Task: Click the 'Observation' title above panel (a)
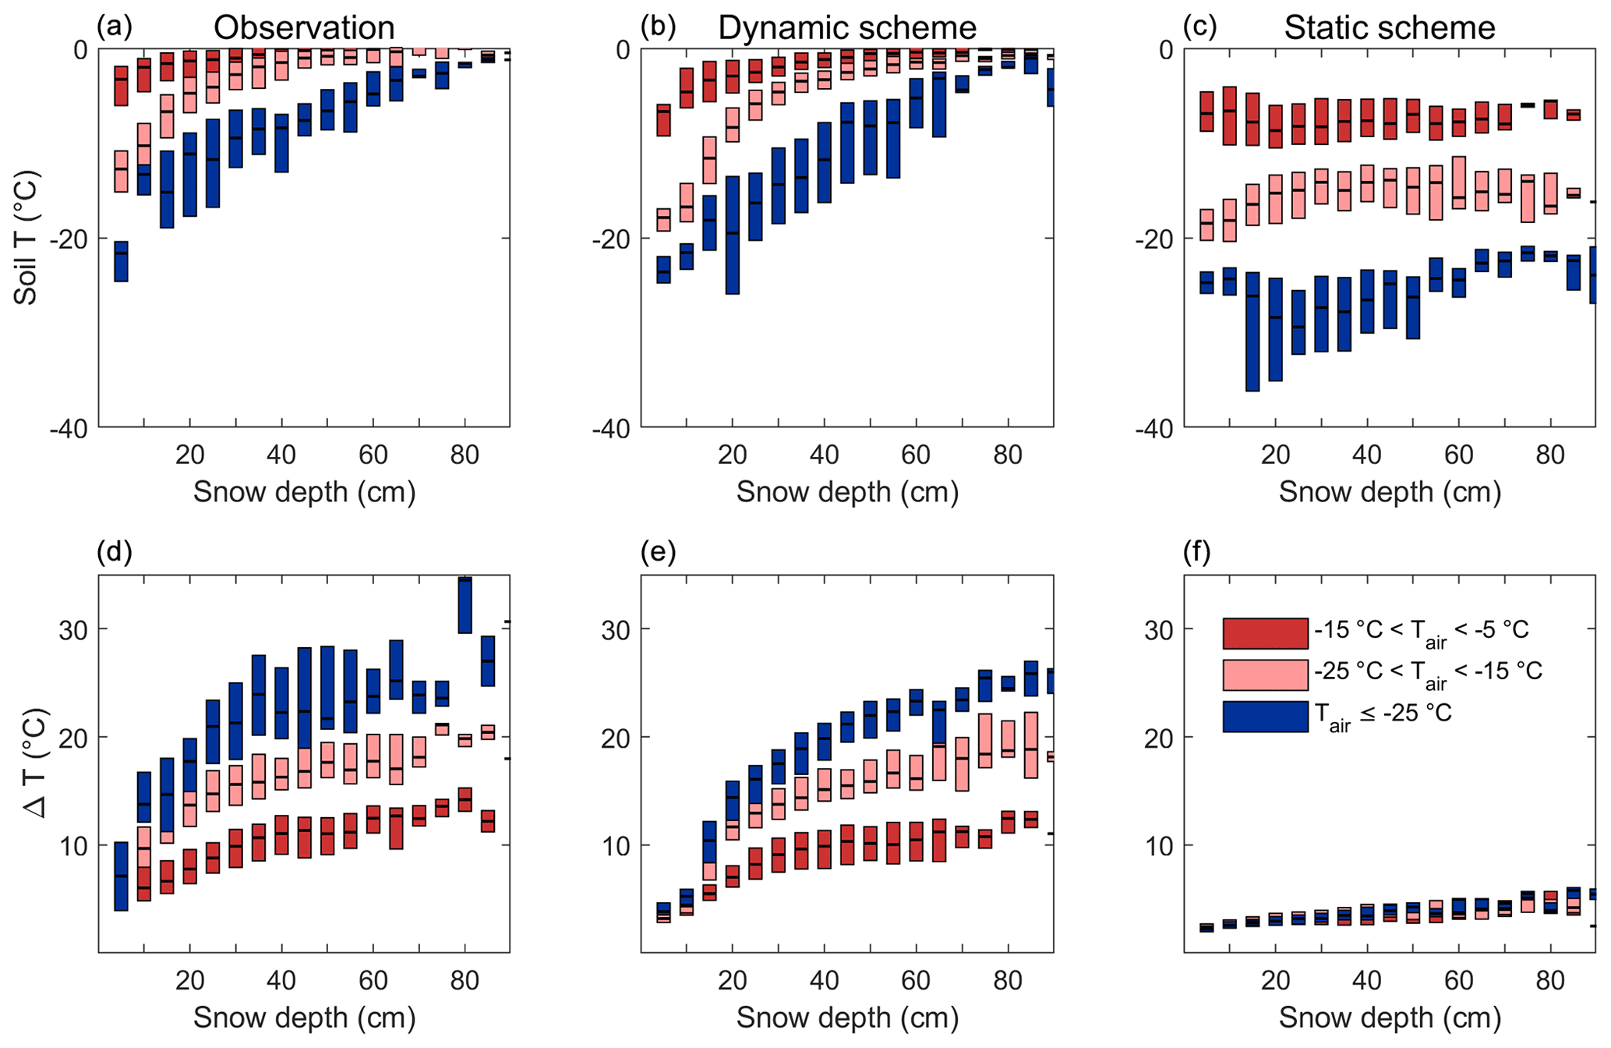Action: pos(304,28)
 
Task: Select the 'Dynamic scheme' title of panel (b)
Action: pos(846,28)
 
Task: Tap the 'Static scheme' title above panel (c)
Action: pos(1390,28)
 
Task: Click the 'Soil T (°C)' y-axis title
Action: pos(26,238)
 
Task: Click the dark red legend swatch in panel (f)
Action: pos(1265,633)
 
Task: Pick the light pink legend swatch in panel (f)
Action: pos(1265,675)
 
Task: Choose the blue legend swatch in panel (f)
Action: pos(1265,717)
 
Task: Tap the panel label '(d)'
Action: pos(115,552)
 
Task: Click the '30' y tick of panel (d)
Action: pos(75,629)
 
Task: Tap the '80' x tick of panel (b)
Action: pos(1008,455)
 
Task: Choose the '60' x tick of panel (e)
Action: pos(917,980)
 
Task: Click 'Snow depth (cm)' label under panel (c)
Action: pos(1390,492)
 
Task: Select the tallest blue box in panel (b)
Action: pos(732,235)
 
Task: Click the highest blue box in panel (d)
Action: pos(465,605)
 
